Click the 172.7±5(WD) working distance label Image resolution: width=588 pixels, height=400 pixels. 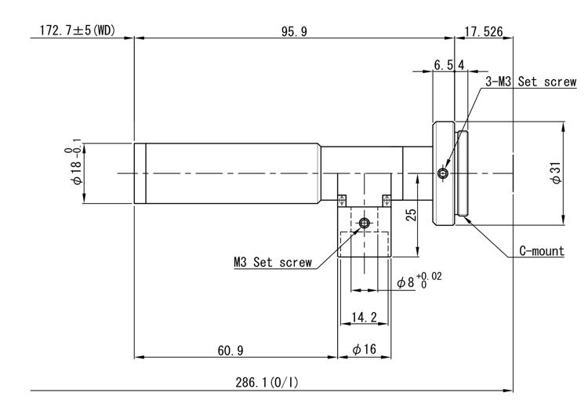click(x=78, y=30)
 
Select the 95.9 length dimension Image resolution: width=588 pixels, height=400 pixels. click(x=294, y=31)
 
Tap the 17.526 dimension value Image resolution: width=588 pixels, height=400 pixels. click(x=484, y=31)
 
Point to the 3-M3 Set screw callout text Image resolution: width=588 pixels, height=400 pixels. click(x=531, y=82)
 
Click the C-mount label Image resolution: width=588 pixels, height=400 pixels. click(x=542, y=251)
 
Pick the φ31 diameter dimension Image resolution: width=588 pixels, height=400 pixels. click(x=557, y=173)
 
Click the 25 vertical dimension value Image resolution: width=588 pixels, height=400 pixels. click(x=412, y=215)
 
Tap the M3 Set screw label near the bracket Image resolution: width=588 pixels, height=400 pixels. click(x=273, y=262)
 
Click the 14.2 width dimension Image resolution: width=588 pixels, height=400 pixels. click(x=364, y=317)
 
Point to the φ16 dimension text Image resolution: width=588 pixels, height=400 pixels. click(x=364, y=349)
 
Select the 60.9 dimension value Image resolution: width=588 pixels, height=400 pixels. click(x=230, y=351)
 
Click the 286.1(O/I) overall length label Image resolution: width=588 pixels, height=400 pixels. click(x=267, y=383)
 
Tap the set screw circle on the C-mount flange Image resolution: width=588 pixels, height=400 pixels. click(x=442, y=173)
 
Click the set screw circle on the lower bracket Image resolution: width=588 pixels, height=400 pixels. click(x=364, y=224)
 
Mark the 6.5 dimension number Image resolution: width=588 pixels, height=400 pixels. click(x=443, y=65)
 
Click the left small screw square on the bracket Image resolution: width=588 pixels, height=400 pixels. click(x=342, y=200)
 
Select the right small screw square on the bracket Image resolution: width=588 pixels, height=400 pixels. click(x=387, y=200)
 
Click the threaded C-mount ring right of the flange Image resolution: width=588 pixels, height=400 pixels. click(x=463, y=173)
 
